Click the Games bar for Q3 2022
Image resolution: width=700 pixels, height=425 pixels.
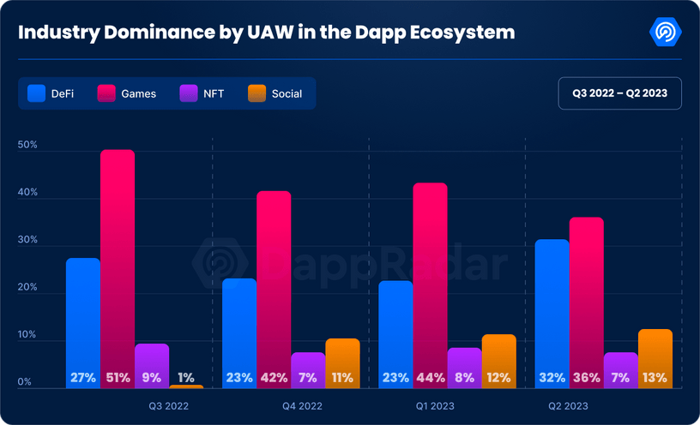118,266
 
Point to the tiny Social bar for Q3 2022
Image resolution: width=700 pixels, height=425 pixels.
186,386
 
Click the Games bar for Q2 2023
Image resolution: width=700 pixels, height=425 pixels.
587,300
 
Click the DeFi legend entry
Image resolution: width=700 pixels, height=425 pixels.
51,93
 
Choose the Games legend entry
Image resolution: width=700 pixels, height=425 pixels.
128,93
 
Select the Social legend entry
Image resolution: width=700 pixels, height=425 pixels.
275,93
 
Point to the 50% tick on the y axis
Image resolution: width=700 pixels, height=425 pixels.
27,146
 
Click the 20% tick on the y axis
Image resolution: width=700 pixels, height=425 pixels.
27,288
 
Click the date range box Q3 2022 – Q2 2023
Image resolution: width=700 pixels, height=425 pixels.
619,93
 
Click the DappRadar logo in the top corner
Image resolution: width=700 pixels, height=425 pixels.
666,33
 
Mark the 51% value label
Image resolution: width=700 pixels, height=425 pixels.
118,377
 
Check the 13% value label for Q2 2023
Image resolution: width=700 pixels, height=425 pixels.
655,377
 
